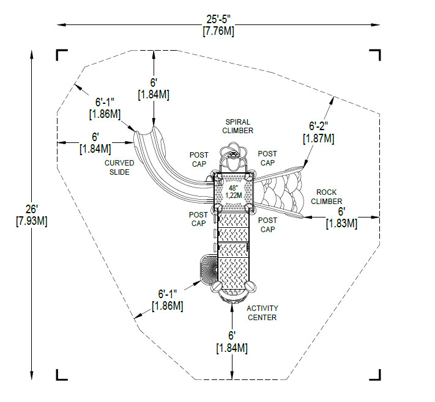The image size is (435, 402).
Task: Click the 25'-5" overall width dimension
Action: (x=218, y=25)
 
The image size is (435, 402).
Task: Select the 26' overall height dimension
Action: (x=32, y=215)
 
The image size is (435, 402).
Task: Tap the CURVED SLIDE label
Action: (x=119, y=167)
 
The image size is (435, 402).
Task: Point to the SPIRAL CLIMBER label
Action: (x=238, y=126)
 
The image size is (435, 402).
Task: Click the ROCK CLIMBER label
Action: (x=326, y=197)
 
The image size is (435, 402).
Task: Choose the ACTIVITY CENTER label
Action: (x=262, y=313)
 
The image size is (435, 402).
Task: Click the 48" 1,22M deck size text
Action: (x=234, y=192)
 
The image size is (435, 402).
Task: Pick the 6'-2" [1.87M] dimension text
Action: (x=319, y=132)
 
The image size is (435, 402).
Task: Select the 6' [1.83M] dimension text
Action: (x=341, y=217)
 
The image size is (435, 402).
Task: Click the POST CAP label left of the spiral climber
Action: (x=199, y=159)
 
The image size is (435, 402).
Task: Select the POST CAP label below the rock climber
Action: (x=267, y=225)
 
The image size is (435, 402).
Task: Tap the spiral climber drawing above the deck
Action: (x=233, y=157)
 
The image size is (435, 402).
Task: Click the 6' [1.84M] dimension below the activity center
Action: (x=232, y=342)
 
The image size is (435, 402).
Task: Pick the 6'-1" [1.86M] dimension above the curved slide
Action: (x=105, y=108)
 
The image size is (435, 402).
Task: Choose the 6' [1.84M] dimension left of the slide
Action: (x=95, y=143)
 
